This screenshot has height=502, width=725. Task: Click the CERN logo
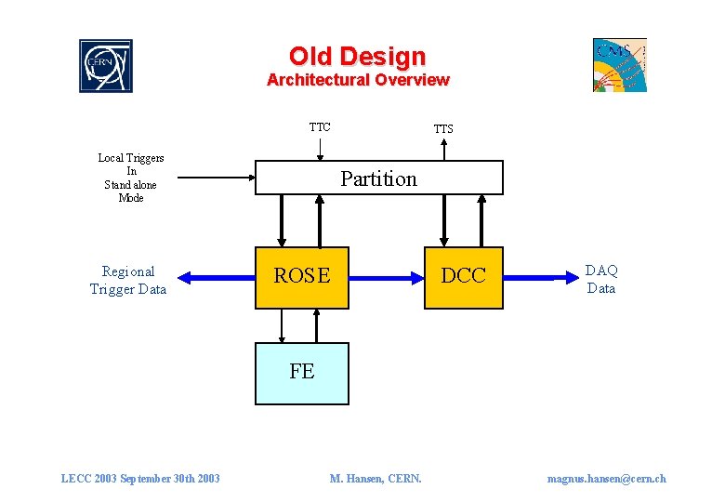pos(106,66)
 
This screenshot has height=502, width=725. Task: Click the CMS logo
pos(620,65)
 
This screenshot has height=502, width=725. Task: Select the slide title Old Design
pos(357,57)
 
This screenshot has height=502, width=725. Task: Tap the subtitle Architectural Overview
pos(358,80)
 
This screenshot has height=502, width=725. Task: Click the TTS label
pos(443,129)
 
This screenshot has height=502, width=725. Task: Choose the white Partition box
pos(379,178)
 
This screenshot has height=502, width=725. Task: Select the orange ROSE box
pos(302,277)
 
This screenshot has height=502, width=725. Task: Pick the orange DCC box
pos(463,277)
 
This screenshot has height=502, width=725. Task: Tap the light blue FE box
pos(302,373)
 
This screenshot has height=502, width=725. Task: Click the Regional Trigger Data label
pos(128,280)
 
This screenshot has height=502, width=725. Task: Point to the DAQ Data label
pos(601,279)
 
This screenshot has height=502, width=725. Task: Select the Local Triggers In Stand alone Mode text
pos(131,178)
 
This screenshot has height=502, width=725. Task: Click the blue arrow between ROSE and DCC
pos(387,277)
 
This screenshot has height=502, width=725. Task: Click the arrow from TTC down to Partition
pos(319,149)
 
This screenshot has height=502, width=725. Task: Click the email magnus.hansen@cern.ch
pos(606,479)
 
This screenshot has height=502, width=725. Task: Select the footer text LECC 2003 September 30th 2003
pos(140,479)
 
